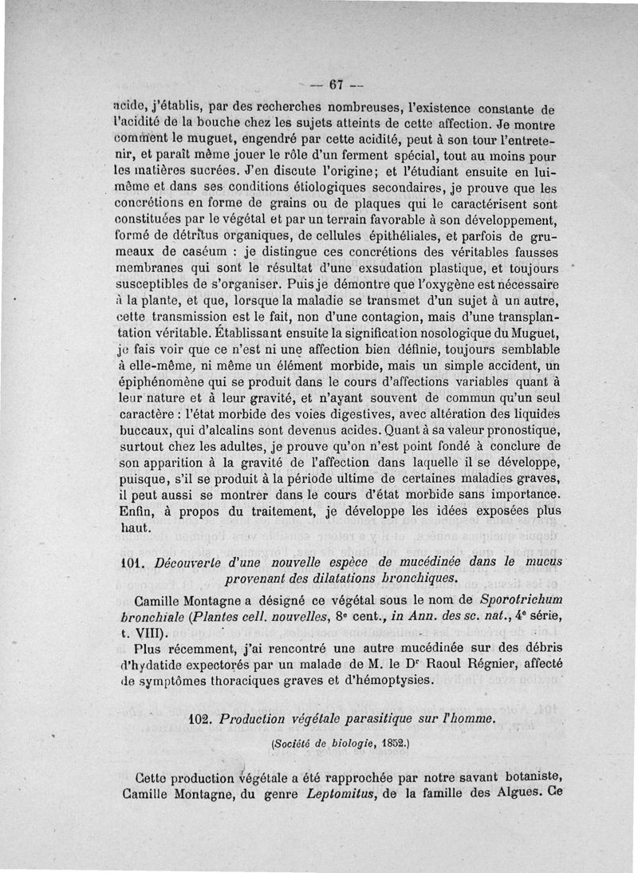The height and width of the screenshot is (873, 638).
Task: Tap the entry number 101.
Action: tap(128, 563)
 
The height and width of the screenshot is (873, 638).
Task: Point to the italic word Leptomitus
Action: tap(341, 793)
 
